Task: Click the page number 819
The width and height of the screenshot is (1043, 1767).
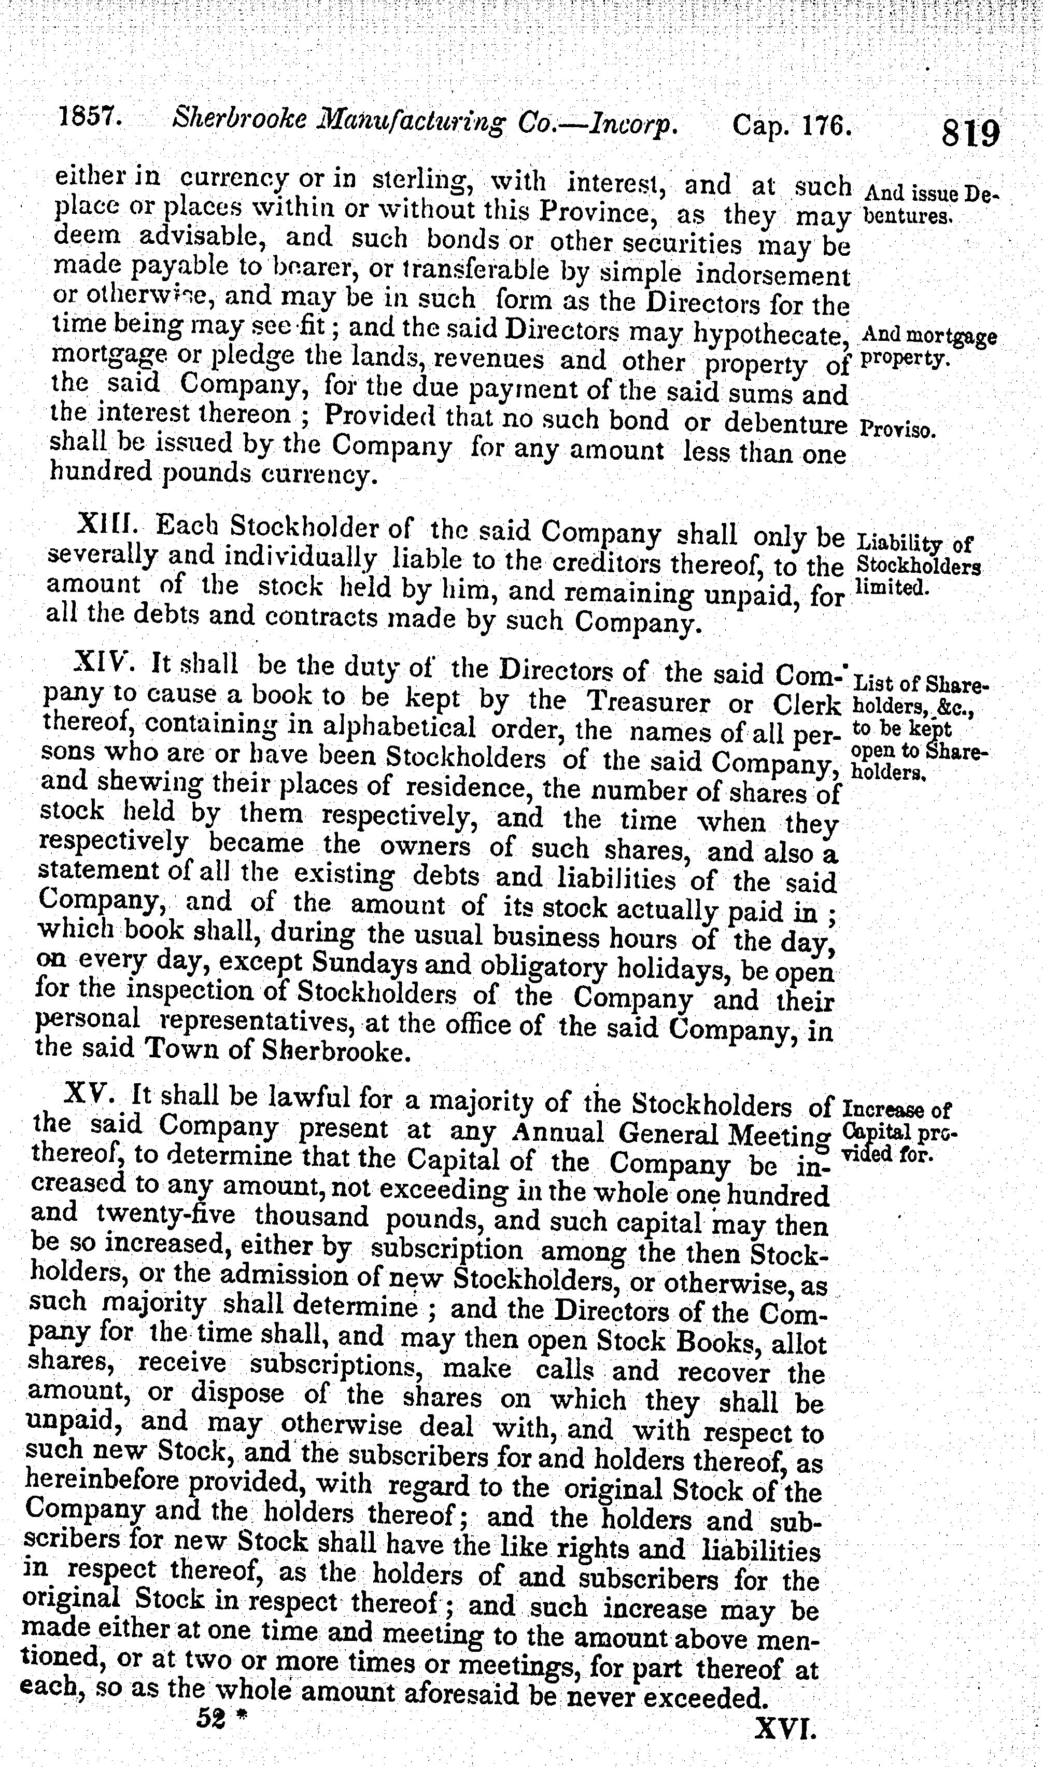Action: coord(970,132)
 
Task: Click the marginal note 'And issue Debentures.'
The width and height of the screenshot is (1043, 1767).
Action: coord(929,203)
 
